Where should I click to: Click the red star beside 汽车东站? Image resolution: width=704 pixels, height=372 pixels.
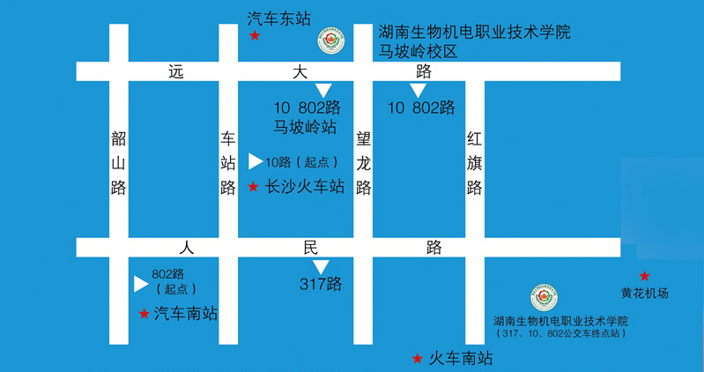click(x=255, y=36)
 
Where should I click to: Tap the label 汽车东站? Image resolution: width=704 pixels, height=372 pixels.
click(x=279, y=17)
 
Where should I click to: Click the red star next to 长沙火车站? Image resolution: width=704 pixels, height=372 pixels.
click(x=253, y=187)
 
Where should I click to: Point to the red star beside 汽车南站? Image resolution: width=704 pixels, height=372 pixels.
click(x=144, y=313)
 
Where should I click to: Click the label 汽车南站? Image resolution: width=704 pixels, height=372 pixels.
click(x=185, y=313)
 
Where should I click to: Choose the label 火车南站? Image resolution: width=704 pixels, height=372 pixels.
click(x=460, y=359)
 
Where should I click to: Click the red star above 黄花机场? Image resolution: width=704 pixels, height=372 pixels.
click(x=644, y=276)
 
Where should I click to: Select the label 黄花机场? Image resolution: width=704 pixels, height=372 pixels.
click(x=645, y=293)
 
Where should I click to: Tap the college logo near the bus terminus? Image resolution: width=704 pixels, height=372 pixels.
click(x=544, y=298)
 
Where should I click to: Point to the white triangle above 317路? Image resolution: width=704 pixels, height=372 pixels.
click(x=321, y=266)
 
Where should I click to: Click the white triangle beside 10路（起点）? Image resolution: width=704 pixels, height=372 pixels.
click(x=255, y=161)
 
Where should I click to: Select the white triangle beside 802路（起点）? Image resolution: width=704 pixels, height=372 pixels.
click(x=140, y=284)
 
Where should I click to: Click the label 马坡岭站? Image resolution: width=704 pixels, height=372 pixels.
click(x=306, y=127)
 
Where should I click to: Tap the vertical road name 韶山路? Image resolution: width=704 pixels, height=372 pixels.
click(x=119, y=162)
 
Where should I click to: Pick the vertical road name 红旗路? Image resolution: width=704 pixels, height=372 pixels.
click(x=474, y=162)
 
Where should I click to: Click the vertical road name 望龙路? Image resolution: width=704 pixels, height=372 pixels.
click(x=363, y=162)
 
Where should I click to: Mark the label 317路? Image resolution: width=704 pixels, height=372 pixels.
click(x=321, y=284)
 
